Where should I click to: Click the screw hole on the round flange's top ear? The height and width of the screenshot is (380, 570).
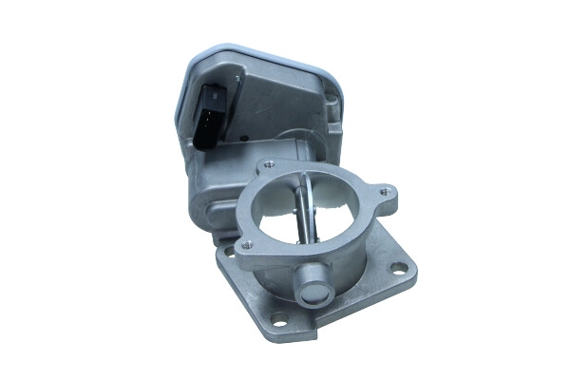[272, 162]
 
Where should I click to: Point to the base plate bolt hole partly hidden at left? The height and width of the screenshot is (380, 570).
[227, 251]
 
